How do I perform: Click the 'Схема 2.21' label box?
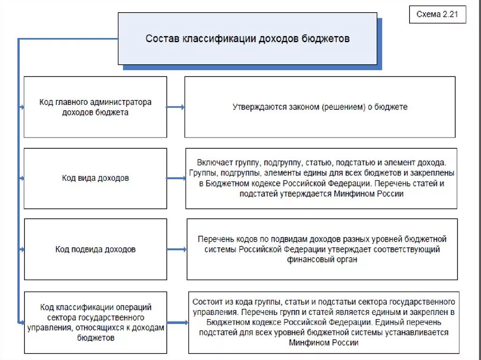(437, 15)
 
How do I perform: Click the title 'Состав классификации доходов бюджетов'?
(247, 38)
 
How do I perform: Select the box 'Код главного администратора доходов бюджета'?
(95, 107)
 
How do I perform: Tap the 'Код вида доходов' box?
(95, 178)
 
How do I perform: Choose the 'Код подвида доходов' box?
(95, 249)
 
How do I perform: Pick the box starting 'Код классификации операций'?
(95, 322)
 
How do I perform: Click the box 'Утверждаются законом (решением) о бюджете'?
(320, 107)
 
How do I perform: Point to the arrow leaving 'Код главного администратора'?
(175, 107)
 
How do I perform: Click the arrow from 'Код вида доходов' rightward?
(176, 178)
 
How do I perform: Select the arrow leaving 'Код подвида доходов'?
(176, 249)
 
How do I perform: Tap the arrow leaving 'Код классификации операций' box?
(177, 322)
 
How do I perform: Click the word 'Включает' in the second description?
(213, 163)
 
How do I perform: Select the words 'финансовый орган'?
(322, 260)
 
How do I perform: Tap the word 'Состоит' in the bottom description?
(207, 301)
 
